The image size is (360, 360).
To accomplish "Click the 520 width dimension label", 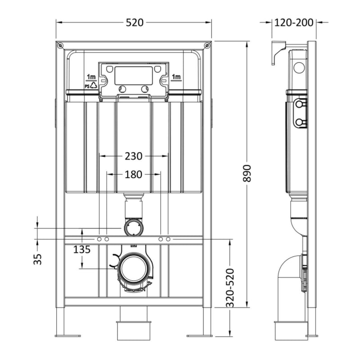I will click(134, 22).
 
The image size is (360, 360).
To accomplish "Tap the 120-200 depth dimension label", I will click(294, 22).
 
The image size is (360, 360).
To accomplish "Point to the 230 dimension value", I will click(134, 156).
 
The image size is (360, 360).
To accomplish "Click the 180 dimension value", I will click(134, 174).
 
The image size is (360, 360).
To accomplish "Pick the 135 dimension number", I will click(82, 249).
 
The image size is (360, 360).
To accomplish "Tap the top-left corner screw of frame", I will click(60, 45).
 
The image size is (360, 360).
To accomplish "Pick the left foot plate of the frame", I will click(67, 335).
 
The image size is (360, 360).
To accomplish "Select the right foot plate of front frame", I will click(199, 335).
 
